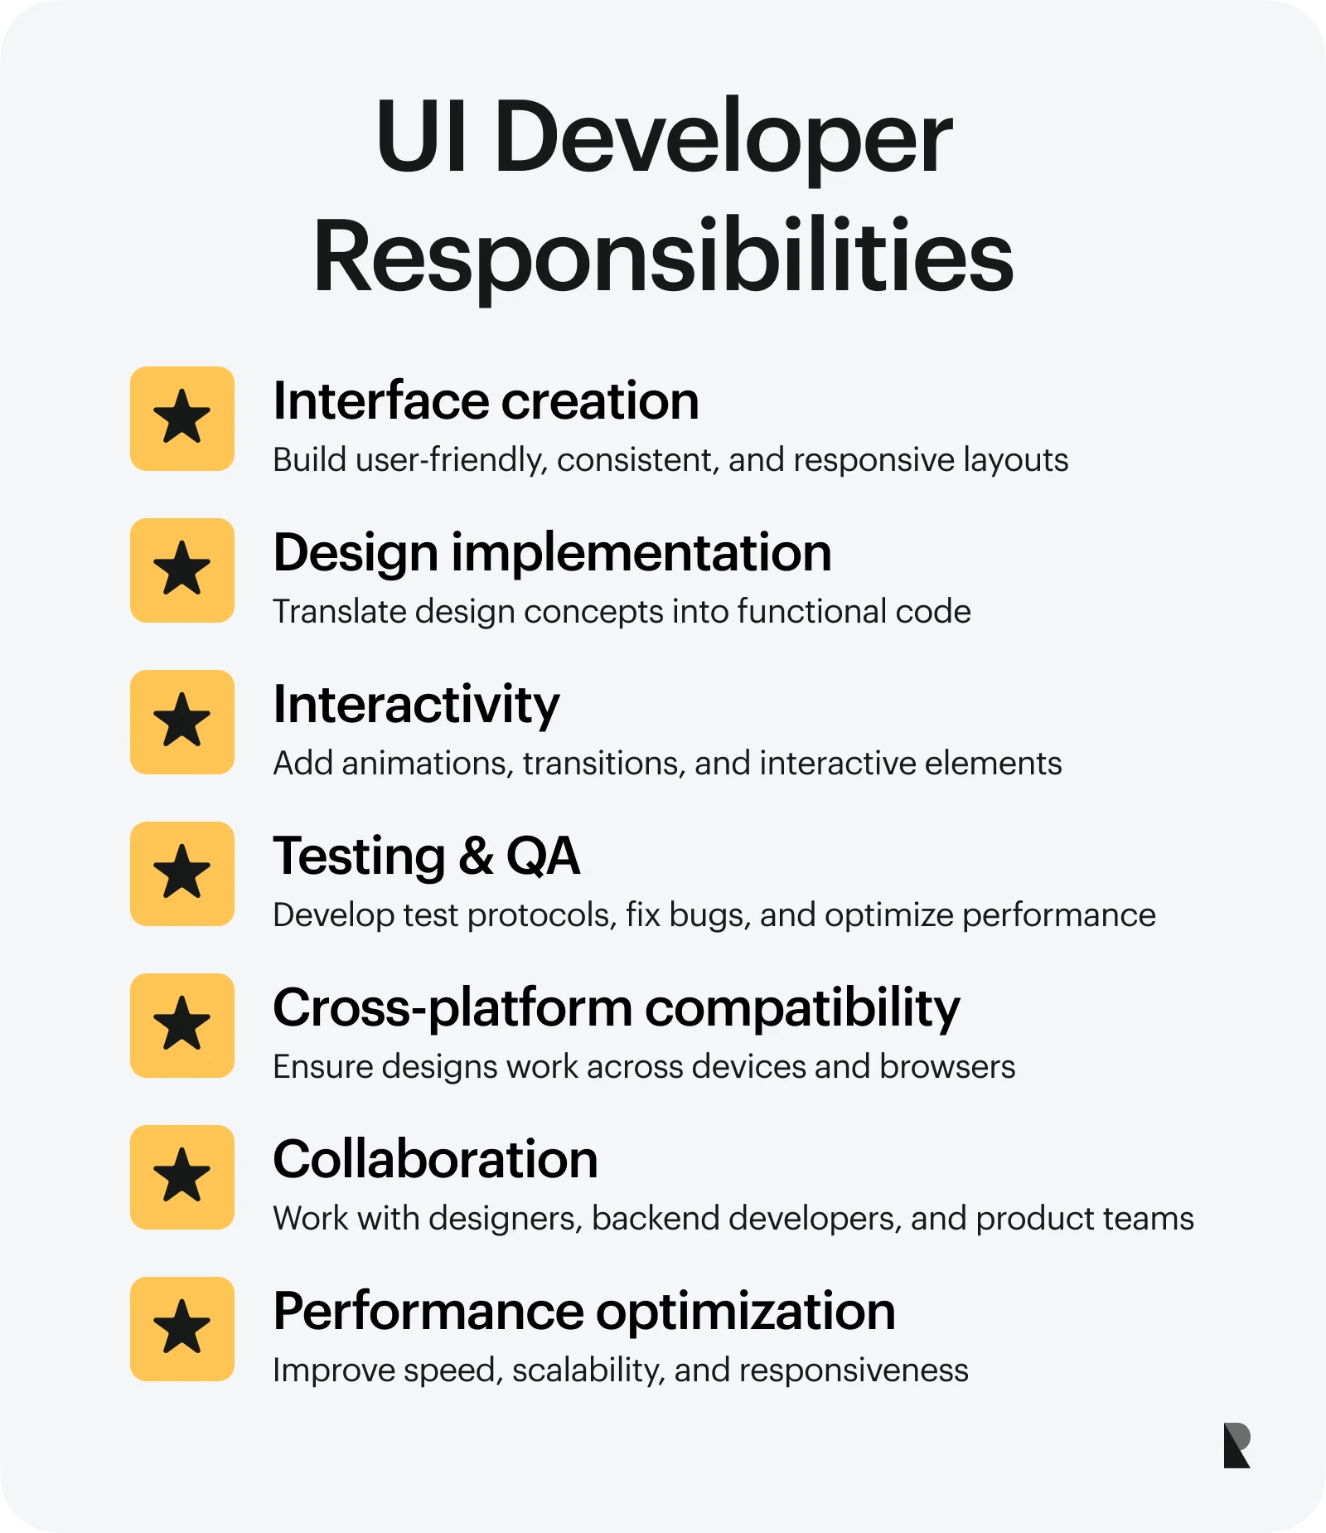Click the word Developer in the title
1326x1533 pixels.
click(x=723, y=138)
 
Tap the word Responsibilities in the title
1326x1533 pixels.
click(x=663, y=256)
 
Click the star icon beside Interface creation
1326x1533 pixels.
click(x=182, y=418)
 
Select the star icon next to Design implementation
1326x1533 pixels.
click(x=182, y=570)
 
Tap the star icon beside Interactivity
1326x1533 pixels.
click(x=182, y=721)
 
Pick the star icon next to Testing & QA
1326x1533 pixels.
click(x=182, y=873)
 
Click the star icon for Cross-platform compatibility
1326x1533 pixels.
click(x=182, y=1025)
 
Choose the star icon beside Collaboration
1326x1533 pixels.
click(x=182, y=1176)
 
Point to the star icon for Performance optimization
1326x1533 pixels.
click(x=182, y=1328)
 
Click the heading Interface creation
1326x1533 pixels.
click(x=486, y=401)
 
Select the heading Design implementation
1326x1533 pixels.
click(x=552, y=553)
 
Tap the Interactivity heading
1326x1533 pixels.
click(x=416, y=705)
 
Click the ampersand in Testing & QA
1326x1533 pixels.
click(x=476, y=856)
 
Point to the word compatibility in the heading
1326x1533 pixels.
click(x=801, y=1009)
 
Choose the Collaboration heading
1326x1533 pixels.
click(x=435, y=1159)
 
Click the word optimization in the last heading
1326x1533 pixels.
click(x=745, y=1312)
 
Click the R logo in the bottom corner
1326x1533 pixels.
click(x=1236, y=1445)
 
